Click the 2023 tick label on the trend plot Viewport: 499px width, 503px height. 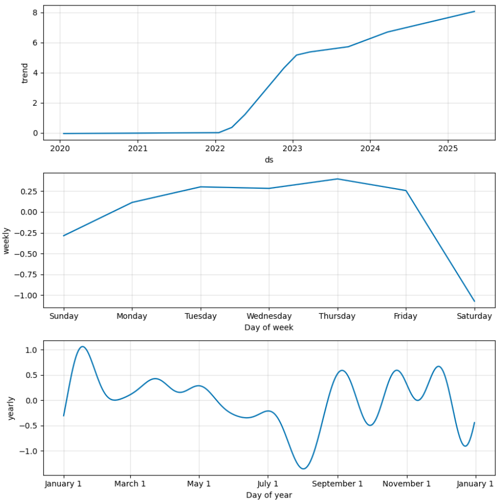pos(292,148)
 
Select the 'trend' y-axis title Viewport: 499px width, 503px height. pos(24,72)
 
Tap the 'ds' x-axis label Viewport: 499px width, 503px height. pos(269,160)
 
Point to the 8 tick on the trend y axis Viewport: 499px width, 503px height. pos(34,12)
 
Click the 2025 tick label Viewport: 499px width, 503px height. pos(447,148)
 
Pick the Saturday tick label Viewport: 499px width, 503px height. pos(474,317)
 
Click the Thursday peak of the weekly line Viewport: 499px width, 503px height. pos(337,179)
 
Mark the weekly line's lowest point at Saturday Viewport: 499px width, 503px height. pos(474,301)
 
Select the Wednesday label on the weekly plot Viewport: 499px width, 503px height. pos(269,317)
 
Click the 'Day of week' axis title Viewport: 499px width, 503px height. pos(269,328)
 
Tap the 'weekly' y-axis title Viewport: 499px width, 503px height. pos(7,240)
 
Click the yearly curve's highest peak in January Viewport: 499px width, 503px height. pos(83,346)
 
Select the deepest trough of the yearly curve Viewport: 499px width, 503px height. pos(303,469)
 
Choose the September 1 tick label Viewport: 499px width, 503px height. pos(337,484)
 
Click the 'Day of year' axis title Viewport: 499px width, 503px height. pos(269,495)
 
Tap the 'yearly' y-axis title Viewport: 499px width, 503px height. pos(11,408)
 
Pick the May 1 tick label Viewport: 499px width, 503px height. pos(199,484)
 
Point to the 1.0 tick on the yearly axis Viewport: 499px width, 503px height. pos(31,350)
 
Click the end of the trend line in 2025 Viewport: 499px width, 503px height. pos(474,12)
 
